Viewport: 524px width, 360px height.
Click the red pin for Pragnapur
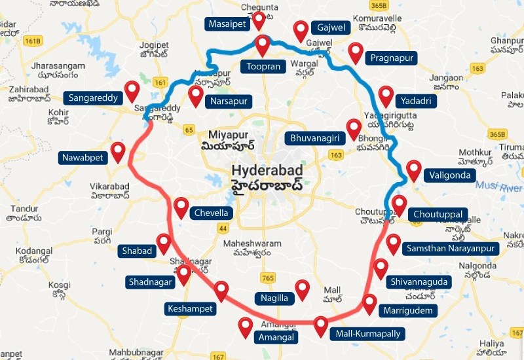[x=356, y=52]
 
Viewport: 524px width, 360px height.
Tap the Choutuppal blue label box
[x=438, y=214]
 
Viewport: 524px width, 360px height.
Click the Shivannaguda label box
[x=419, y=281]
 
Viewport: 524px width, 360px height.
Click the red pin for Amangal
[x=246, y=326]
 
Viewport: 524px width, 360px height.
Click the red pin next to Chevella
[x=181, y=207]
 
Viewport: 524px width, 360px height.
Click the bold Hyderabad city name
[x=269, y=170]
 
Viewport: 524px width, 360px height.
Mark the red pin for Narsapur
[x=196, y=96]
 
